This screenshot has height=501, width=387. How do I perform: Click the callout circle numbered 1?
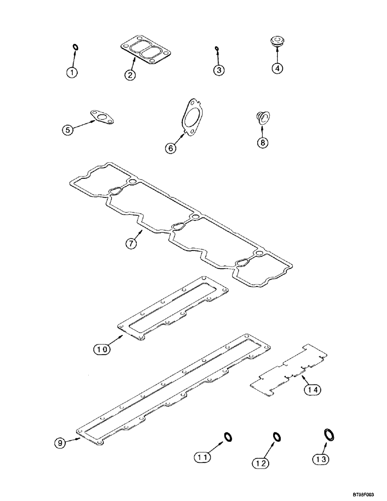coord(73,73)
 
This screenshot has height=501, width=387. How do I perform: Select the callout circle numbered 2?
coord(130,75)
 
